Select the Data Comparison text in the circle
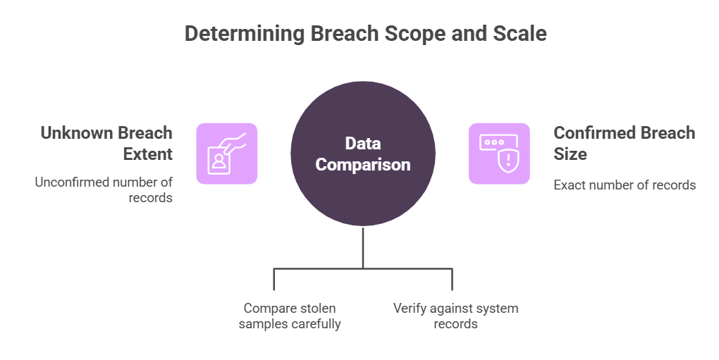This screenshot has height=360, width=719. pyautogui.click(x=362, y=154)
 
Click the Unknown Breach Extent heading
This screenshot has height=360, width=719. pyautogui.click(x=106, y=143)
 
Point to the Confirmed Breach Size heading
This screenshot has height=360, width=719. pyautogui.click(x=624, y=143)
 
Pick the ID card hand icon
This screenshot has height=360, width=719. pyautogui.click(x=226, y=154)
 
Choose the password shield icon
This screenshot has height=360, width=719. pyautogui.click(x=498, y=154)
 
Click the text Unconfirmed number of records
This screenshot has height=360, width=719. pyautogui.click(x=104, y=190)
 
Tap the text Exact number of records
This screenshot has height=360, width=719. pyautogui.click(x=625, y=185)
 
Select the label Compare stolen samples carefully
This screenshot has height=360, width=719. pyautogui.click(x=289, y=316)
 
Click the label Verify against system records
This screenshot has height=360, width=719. pyautogui.click(x=455, y=316)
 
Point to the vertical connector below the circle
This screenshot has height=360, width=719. pyautogui.click(x=363, y=247)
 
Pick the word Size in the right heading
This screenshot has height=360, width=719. pyautogui.click(x=570, y=154)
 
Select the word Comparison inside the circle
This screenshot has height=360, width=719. pyautogui.click(x=362, y=165)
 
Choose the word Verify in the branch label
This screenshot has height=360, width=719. pyautogui.click(x=410, y=309)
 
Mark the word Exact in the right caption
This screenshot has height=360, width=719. pyautogui.click(x=569, y=185)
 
